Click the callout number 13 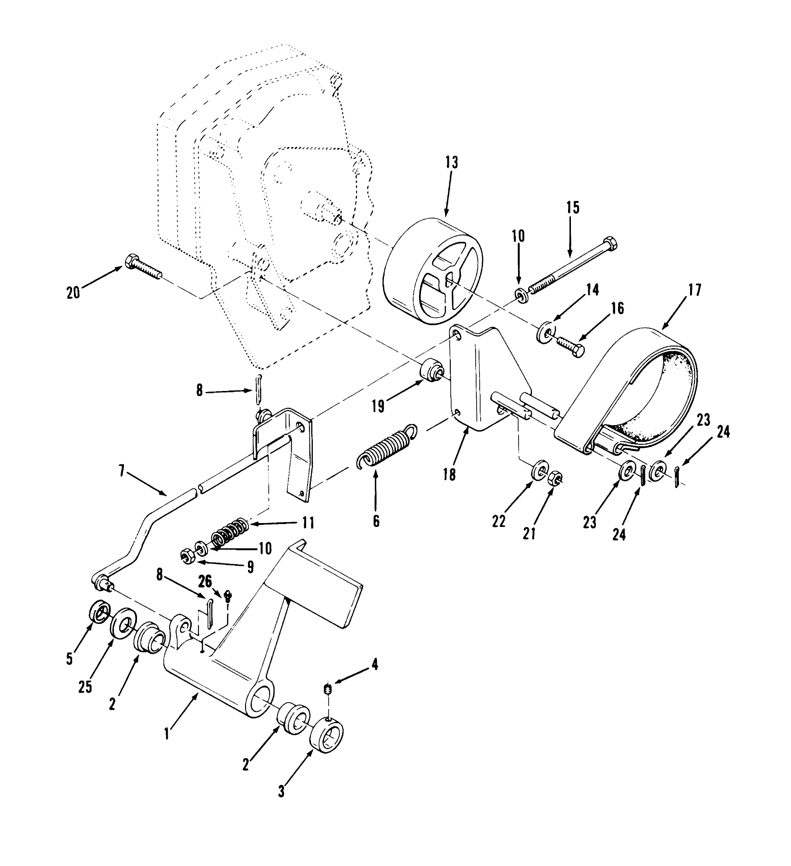(452, 162)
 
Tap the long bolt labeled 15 (572, 264)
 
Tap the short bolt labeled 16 (570, 346)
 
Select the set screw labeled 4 (328, 691)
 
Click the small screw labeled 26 (229, 595)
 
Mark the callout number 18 (450, 475)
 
